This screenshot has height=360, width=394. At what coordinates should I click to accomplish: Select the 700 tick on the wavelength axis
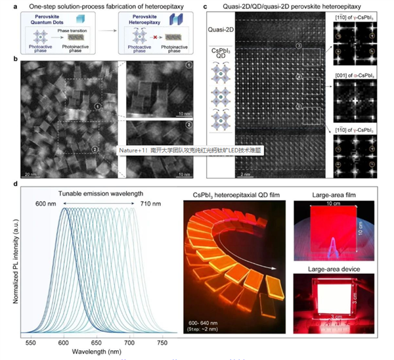[x=133, y=342]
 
